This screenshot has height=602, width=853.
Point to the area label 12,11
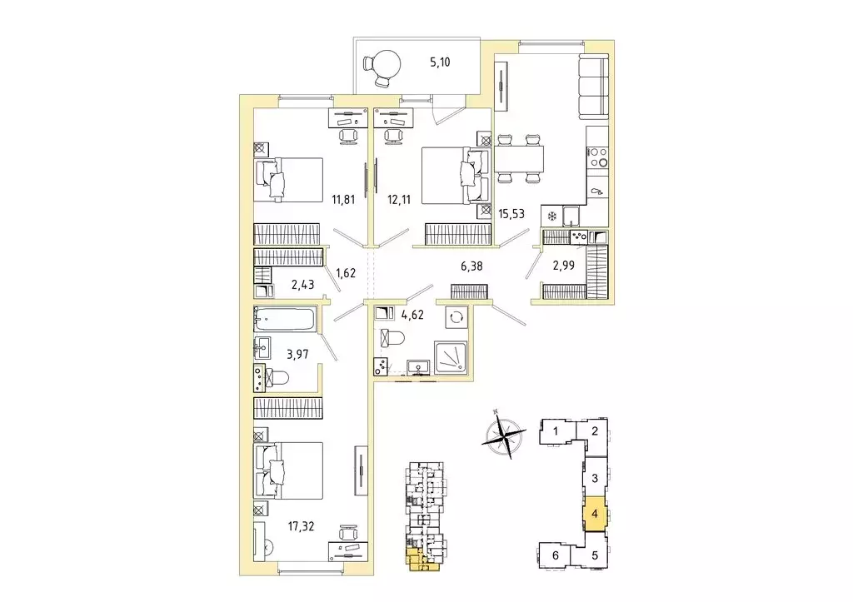pos(400,200)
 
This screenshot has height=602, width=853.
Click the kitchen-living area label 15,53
pos(515,214)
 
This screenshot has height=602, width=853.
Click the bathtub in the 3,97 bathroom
pos(285,319)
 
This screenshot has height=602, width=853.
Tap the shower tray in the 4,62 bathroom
pos(451,356)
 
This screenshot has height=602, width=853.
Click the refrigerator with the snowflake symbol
pos(551,216)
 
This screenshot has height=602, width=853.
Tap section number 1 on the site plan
pos(555,430)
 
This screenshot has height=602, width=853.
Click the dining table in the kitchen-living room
pos(520,158)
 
